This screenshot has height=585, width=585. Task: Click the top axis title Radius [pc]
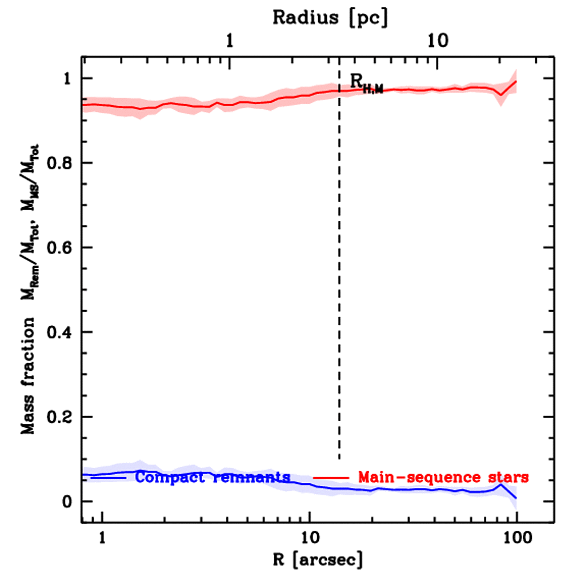(330, 18)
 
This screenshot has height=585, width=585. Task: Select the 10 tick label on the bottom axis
(309, 538)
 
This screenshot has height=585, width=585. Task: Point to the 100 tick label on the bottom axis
(516, 538)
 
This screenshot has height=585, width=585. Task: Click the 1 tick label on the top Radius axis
(229, 41)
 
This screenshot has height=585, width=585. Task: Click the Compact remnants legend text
(213, 477)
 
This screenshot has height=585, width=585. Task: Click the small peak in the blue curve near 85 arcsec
(501, 484)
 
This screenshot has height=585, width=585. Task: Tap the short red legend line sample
(331, 476)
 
